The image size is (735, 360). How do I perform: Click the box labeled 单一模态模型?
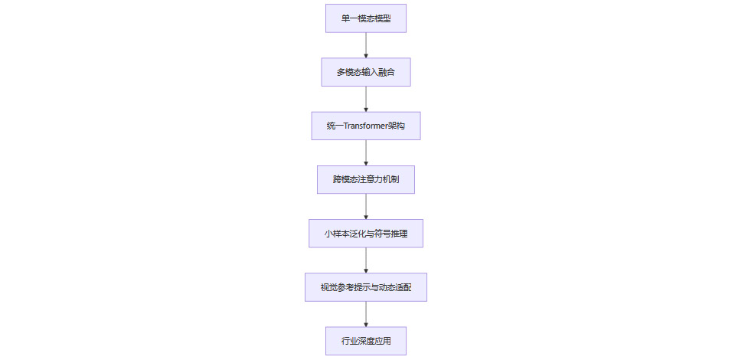tap(366, 18)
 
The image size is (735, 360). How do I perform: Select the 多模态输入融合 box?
tap(366, 72)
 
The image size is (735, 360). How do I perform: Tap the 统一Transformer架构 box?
tap(366, 126)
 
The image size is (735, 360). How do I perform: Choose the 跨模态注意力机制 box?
tap(366, 179)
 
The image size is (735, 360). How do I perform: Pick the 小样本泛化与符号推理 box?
tap(366, 233)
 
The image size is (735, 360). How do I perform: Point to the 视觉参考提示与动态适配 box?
tap(366, 287)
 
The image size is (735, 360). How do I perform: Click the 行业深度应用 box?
tap(366, 341)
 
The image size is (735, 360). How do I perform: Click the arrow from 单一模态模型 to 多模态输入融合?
tap(366, 45)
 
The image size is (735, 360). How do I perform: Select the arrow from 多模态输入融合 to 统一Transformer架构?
tap(366, 99)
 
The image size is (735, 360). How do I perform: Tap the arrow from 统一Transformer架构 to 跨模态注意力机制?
tap(366, 152)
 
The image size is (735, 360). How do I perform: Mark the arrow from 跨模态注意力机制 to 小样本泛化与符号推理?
tap(366, 206)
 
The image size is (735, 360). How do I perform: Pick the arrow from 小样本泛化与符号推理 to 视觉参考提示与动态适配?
tap(366, 260)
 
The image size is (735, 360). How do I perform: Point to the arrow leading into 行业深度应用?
tap(366, 313)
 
